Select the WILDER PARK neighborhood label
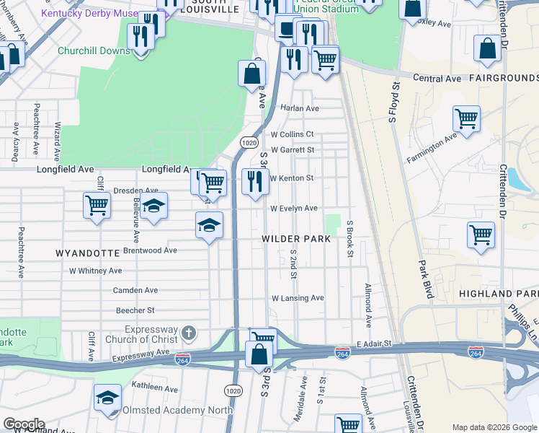tap(295, 238)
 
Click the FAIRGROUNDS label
tap(504, 77)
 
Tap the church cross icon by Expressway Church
tap(188, 333)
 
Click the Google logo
tap(24, 424)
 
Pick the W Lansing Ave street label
tap(298, 298)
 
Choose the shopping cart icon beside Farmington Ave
tap(466, 118)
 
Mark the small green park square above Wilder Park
tap(332, 223)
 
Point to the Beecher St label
tap(135, 310)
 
